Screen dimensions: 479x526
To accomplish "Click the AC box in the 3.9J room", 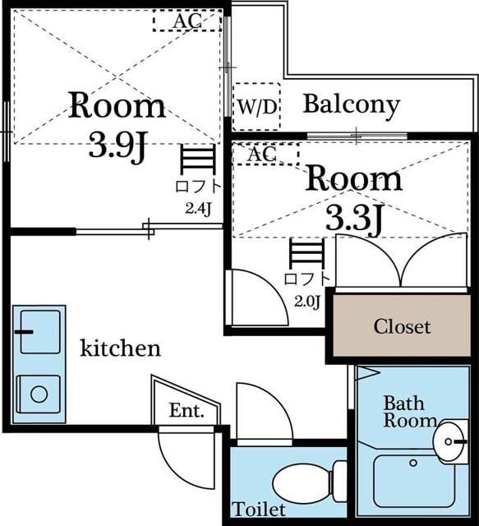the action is click(187, 21).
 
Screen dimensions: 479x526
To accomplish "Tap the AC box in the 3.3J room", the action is click(265, 154).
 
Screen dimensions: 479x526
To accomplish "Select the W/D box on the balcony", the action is click(256, 107).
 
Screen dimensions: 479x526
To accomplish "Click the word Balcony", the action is click(352, 104).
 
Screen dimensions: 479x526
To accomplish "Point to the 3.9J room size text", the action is click(118, 145).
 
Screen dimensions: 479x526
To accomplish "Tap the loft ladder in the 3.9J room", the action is click(197, 159).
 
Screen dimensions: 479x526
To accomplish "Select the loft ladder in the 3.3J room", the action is click(307, 253).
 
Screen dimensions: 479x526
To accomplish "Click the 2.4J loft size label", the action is click(198, 209).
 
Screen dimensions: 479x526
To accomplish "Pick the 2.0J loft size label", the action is click(307, 302).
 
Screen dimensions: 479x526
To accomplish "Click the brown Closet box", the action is click(402, 325).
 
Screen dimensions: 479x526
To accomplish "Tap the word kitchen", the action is click(121, 348).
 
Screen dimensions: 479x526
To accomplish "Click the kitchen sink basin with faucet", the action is click(40, 332).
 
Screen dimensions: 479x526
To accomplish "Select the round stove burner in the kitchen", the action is click(39, 394).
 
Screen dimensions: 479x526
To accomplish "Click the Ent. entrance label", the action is click(187, 410).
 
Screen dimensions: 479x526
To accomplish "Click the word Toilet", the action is click(259, 510).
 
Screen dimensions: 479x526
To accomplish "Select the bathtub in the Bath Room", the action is click(413, 481).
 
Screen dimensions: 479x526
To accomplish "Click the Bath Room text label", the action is click(410, 412).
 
